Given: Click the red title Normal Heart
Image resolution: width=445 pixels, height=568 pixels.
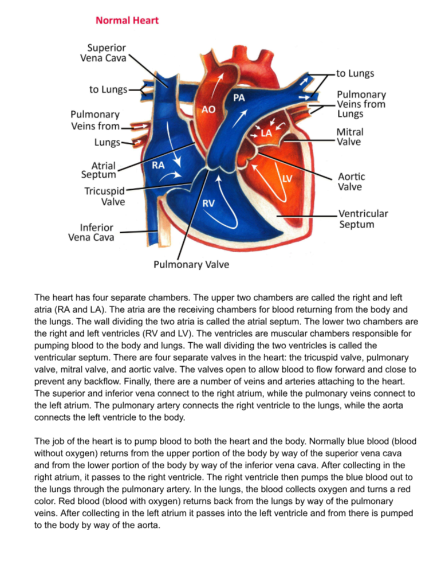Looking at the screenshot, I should point(127,21).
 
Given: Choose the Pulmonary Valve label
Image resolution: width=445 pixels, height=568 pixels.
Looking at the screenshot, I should point(191,265).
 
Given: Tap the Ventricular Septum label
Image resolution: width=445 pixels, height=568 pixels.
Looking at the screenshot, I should point(363,218).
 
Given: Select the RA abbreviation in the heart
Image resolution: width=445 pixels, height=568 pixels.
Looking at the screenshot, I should point(158,165).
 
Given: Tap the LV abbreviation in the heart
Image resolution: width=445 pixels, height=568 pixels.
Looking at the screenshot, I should point(288,178).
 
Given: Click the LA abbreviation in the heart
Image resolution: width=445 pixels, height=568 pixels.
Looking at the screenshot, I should point(266,132).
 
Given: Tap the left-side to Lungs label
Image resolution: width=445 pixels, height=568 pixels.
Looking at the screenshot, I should point(108,89).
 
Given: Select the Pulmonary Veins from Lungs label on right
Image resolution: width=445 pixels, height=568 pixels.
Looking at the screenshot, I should point(360,104).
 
